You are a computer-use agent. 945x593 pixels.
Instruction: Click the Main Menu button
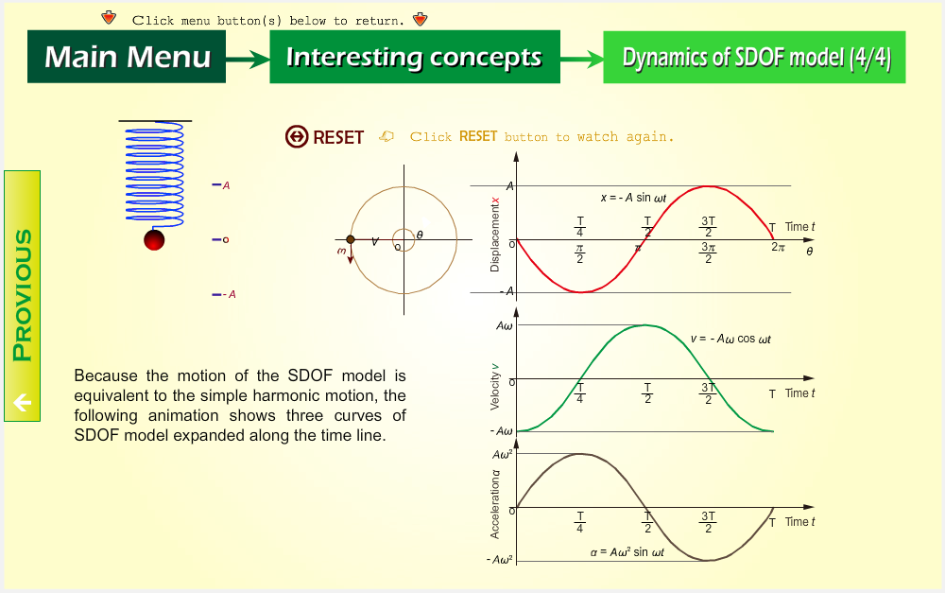pyautogui.click(x=127, y=57)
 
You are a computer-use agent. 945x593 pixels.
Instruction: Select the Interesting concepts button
pyautogui.click(x=415, y=57)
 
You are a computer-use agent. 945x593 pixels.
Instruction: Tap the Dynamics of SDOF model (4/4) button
pyautogui.click(x=754, y=58)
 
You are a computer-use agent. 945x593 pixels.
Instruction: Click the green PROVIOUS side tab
pyautogui.click(x=23, y=296)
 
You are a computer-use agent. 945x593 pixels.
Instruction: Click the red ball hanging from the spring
pyautogui.click(x=154, y=240)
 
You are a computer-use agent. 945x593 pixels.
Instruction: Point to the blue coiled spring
pyautogui.click(x=155, y=173)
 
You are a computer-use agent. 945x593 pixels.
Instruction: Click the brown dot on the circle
pyautogui.click(x=351, y=240)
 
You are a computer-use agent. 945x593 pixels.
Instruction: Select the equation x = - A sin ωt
pyautogui.click(x=633, y=198)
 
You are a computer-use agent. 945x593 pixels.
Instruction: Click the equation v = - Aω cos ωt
pyautogui.click(x=731, y=339)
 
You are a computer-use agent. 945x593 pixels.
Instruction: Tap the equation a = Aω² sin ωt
pyautogui.click(x=627, y=552)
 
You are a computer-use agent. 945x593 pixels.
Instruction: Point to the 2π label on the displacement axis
pyautogui.click(x=778, y=247)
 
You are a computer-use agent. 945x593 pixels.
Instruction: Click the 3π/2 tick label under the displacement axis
pyautogui.click(x=708, y=253)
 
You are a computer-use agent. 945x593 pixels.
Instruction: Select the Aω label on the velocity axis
pyautogui.click(x=505, y=326)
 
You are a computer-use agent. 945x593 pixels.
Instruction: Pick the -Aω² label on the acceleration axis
pyautogui.click(x=500, y=559)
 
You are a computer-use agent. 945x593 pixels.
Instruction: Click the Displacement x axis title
pyautogui.click(x=495, y=235)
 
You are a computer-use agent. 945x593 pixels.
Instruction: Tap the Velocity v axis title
pyautogui.click(x=495, y=387)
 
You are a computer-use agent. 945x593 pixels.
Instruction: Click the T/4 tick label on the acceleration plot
pyautogui.click(x=580, y=522)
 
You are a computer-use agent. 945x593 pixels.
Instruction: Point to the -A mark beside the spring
pyautogui.click(x=224, y=294)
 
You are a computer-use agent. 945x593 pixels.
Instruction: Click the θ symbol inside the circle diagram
pyautogui.click(x=420, y=235)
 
